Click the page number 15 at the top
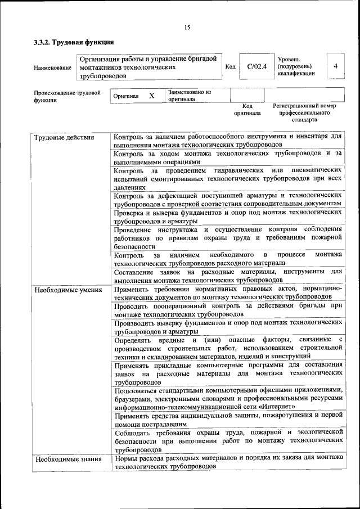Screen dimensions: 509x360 [x=187, y=28]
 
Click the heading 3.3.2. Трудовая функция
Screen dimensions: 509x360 [x=74, y=42]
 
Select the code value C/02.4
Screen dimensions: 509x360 [x=256, y=66]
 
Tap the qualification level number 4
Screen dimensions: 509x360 [x=335, y=66]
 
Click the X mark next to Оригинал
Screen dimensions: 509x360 [x=151, y=96]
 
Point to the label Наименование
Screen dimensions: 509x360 [x=52, y=68]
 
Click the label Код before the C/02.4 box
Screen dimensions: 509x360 [x=230, y=67]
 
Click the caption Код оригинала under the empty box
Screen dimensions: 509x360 [x=247, y=109]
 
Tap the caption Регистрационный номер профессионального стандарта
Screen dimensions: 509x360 [x=304, y=112]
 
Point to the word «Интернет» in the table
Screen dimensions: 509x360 [x=277, y=406]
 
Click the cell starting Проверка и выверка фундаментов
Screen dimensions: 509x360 [x=228, y=217]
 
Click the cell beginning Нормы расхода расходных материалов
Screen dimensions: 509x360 [x=228, y=463]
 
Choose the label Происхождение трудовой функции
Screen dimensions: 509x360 [x=67, y=96]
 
